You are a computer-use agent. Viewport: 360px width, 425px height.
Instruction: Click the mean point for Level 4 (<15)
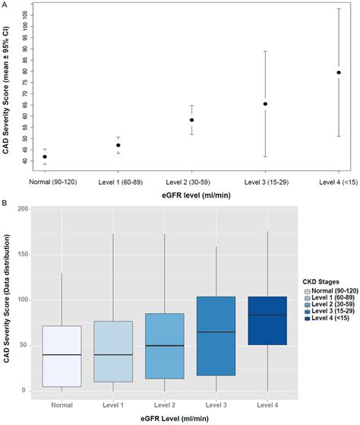click(339, 73)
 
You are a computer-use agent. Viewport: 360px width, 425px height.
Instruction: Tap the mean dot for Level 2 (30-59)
click(192, 120)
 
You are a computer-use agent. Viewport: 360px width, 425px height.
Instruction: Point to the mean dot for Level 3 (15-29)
click(265, 104)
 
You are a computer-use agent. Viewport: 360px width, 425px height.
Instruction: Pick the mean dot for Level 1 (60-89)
click(118, 145)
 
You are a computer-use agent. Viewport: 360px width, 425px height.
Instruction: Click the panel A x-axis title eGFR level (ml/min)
click(191, 195)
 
